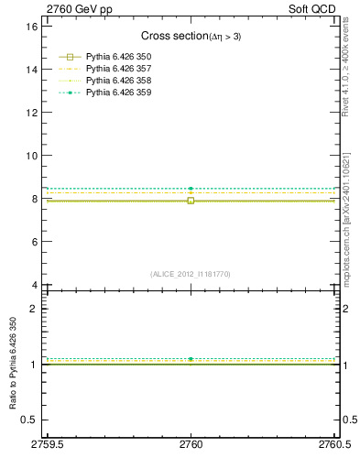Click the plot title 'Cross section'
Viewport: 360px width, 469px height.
[x=173, y=36]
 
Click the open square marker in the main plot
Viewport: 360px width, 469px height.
[x=191, y=200]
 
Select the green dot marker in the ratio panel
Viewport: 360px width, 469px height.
[x=191, y=359]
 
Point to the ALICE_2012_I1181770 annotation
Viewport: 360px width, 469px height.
[x=191, y=274]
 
